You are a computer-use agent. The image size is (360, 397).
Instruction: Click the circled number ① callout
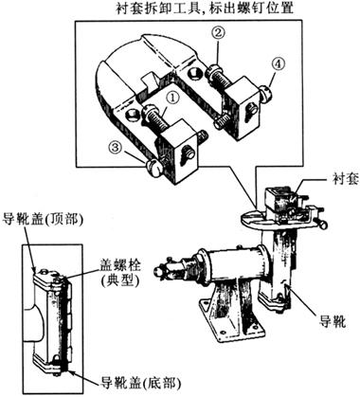(172, 98)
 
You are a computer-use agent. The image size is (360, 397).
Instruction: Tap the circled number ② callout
(220, 33)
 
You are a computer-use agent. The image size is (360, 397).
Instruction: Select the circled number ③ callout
(116, 148)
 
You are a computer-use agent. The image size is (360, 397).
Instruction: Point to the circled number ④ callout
(278, 64)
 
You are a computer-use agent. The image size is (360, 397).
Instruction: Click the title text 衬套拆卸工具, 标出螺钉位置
(205, 8)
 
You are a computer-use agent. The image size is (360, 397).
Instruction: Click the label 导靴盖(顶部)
(44, 220)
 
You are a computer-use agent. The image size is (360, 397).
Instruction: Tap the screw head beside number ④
(266, 93)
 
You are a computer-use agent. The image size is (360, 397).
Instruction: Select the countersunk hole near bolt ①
(132, 116)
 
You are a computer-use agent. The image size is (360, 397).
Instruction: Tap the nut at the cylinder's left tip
(159, 271)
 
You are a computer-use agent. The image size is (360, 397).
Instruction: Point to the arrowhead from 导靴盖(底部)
(70, 370)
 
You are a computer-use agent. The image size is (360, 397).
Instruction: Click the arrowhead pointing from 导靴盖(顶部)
(35, 269)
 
